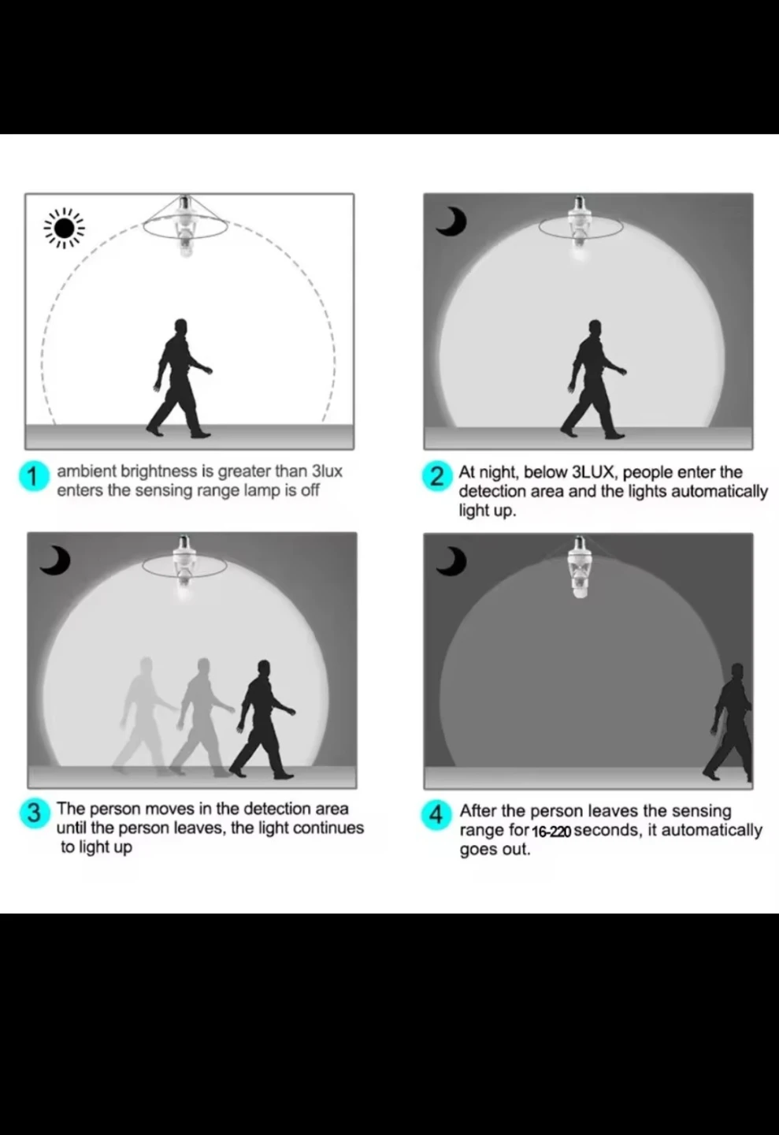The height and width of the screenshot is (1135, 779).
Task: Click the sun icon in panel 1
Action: (x=64, y=229)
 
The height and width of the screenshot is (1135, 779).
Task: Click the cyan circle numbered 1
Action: (x=33, y=477)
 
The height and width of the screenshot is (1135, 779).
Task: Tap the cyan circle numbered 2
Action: (x=436, y=477)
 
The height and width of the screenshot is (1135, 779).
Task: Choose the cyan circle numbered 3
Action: (x=34, y=813)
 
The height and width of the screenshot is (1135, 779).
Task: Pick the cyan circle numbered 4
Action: (x=436, y=815)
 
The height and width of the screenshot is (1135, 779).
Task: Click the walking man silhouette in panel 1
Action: (x=180, y=378)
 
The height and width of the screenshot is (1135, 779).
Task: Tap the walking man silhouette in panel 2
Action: (x=594, y=379)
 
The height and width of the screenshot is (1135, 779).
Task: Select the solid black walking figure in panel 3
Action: (x=263, y=720)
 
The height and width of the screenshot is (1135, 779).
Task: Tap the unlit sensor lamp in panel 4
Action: (x=581, y=567)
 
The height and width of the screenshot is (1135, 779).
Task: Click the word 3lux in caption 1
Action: (x=327, y=471)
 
